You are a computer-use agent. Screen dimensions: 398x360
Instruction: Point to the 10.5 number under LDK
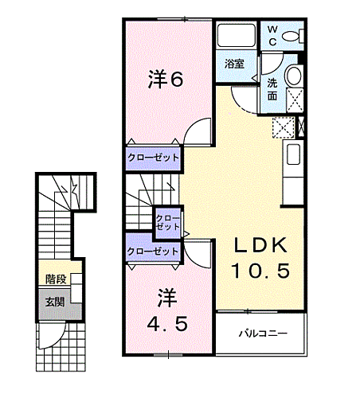pos(260,271)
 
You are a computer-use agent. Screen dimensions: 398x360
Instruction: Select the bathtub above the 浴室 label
pos(234,37)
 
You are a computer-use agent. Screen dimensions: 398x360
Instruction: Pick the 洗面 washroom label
pos(272,88)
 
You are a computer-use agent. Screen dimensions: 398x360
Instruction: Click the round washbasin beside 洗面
pos(293,77)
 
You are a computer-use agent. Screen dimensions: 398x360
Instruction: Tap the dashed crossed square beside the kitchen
pos(283,127)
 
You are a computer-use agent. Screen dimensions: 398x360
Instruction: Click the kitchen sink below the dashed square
pos(292,154)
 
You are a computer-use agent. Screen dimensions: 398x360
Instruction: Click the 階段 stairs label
pos(56,279)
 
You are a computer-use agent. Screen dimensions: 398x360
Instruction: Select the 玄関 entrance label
pos(55,302)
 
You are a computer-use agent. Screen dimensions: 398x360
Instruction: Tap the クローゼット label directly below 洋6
pos(153,157)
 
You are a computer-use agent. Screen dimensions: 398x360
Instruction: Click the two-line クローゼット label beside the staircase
pos(167,222)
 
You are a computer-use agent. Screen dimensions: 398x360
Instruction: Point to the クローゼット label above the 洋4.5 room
pos(153,252)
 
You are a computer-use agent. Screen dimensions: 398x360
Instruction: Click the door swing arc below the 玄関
pos(50,337)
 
